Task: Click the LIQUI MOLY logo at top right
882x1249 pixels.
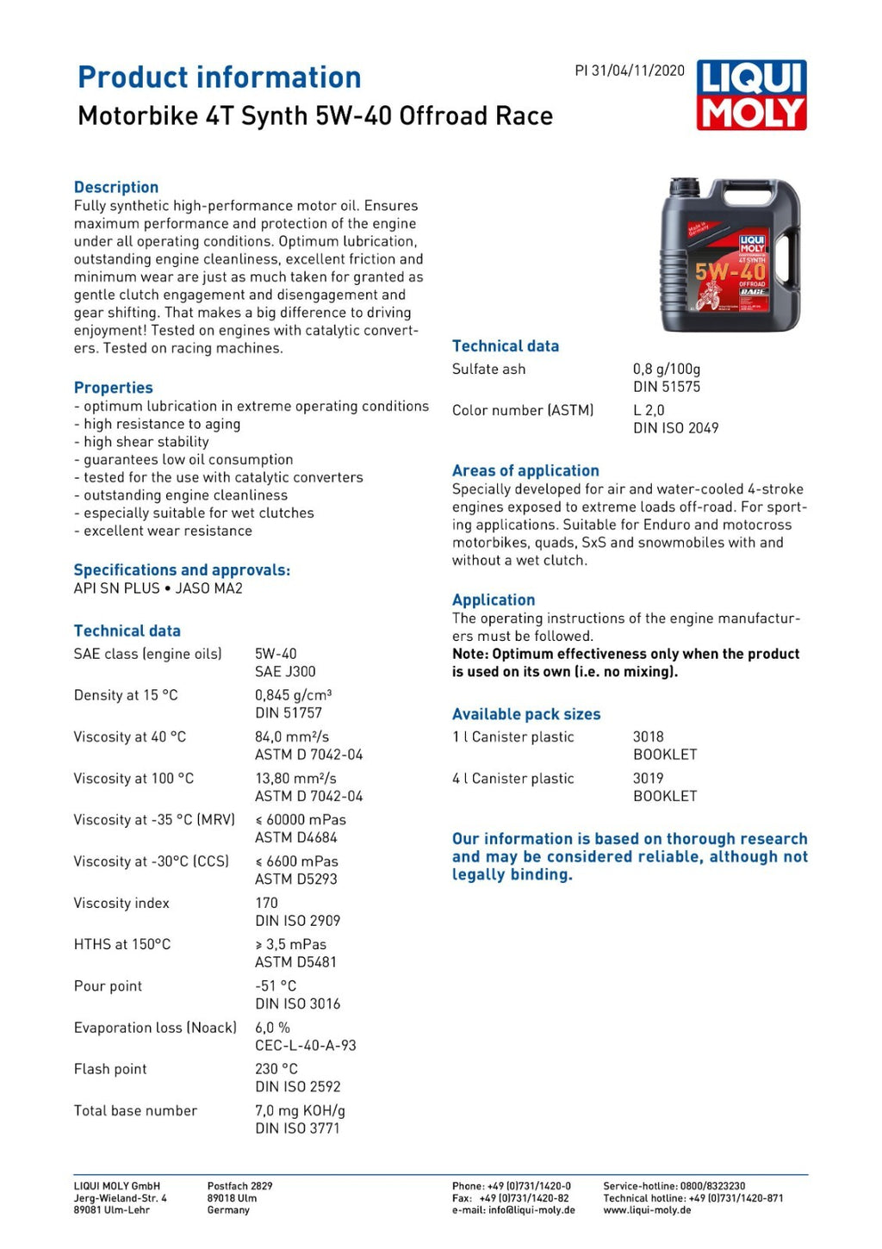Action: coord(751,95)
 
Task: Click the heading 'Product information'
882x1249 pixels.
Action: coord(220,78)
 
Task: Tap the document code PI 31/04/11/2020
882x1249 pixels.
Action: coord(630,71)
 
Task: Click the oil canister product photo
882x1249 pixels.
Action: coord(730,255)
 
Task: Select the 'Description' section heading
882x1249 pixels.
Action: coord(116,187)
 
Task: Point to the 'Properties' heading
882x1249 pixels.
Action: coord(114,388)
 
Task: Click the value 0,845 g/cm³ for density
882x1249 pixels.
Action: coord(294,695)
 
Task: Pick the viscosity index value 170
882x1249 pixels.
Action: coord(267,903)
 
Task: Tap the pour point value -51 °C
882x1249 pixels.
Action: coord(276,985)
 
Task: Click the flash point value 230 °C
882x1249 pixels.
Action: coord(276,1069)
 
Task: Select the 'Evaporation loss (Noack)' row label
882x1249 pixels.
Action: coord(155,1028)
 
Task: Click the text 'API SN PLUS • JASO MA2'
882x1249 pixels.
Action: coord(158,588)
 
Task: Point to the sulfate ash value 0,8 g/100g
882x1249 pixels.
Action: coord(667,369)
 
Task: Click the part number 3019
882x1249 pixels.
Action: coord(649,779)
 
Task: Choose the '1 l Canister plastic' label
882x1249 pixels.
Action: coord(513,737)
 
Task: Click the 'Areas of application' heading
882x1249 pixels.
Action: coord(525,470)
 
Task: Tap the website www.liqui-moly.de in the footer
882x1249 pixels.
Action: coord(647,1210)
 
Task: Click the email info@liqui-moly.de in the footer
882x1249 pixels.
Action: coord(531,1210)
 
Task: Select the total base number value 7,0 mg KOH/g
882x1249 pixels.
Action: coord(300,1110)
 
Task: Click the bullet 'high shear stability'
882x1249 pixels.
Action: coord(146,442)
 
